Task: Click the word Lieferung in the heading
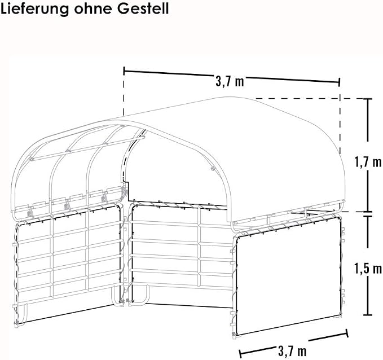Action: pos(34,8)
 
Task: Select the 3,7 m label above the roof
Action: pos(230,81)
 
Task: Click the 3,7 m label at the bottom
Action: pos(292,351)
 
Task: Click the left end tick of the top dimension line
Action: pos(124,71)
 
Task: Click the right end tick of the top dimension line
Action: pos(339,82)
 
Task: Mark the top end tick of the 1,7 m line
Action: pos(368,99)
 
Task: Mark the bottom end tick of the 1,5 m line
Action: pos(368,315)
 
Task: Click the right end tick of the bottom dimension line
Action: pos(346,333)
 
